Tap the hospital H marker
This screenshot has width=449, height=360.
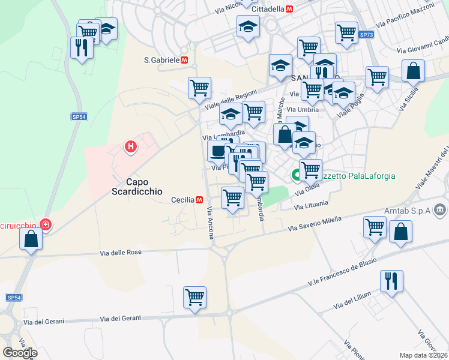click(130, 146)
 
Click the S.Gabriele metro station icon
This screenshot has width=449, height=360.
click(185, 60)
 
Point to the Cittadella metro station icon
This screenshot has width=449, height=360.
click(290, 10)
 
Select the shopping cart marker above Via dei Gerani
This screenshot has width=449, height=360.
click(195, 296)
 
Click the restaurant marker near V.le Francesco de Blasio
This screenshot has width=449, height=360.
click(391, 280)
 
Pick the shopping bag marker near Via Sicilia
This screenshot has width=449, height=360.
click(414, 71)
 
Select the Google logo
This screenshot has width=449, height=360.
click(20, 353)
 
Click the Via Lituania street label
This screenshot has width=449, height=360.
click(312, 206)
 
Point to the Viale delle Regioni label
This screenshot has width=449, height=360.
click(231, 97)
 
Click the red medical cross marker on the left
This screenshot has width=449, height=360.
click(45, 226)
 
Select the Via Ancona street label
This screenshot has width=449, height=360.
click(211, 224)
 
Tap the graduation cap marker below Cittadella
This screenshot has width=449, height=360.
click(248, 26)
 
